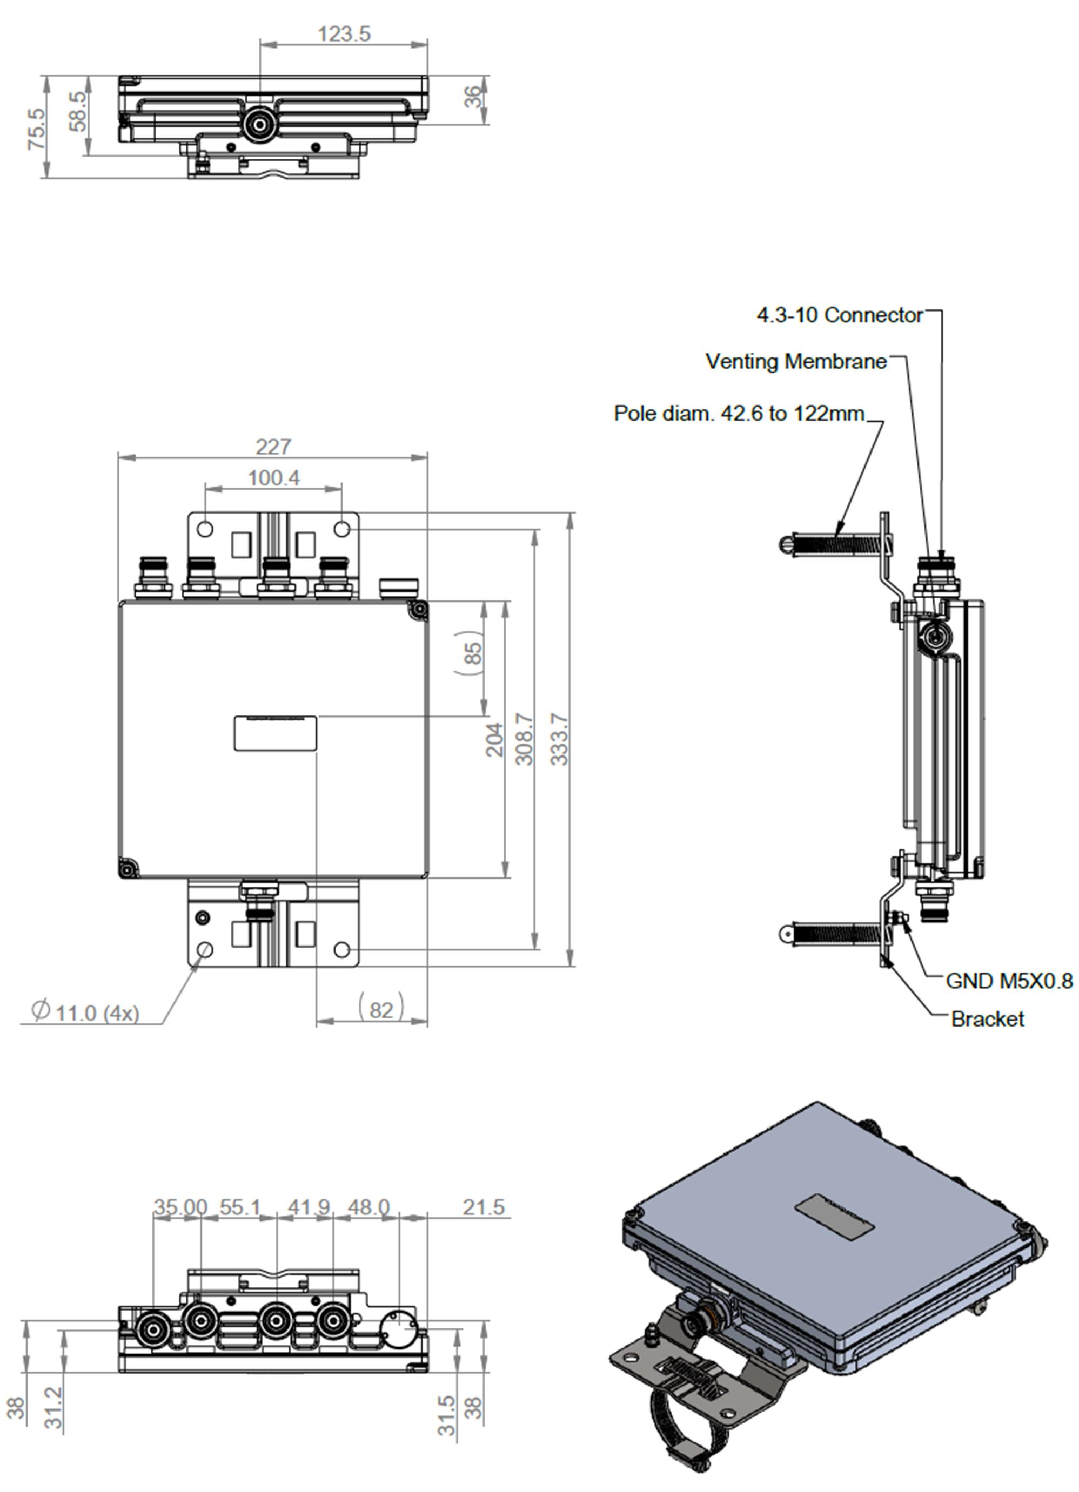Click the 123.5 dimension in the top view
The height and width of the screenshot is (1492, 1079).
(344, 33)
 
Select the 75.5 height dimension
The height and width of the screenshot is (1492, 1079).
(37, 129)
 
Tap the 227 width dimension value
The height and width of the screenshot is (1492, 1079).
(272, 447)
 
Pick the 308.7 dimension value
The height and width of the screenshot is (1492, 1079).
(524, 739)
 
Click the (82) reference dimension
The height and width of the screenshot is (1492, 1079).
(380, 1009)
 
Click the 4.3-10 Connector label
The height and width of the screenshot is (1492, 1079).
(839, 315)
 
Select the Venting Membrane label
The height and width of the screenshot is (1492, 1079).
(796, 361)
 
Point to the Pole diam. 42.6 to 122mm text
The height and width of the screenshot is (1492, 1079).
(739, 413)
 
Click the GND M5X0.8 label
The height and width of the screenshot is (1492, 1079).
(1009, 981)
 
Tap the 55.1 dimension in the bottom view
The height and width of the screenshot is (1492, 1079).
(240, 1207)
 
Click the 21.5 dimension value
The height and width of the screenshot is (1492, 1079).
(483, 1207)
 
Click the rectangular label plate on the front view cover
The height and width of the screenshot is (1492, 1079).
(275, 733)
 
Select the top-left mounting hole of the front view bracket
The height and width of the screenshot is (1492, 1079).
(205, 529)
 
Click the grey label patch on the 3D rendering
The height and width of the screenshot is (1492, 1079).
(834, 1218)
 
